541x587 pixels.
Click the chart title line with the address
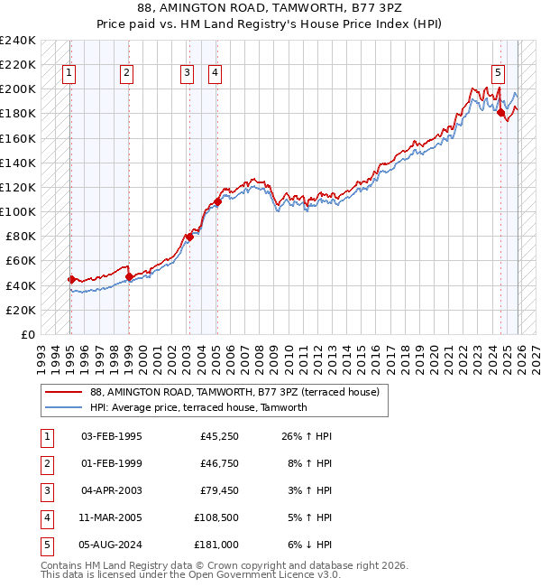point(270,7)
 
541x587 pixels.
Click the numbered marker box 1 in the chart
point(69,74)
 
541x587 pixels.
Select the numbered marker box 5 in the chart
point(498,74)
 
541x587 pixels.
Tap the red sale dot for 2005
point(217,201)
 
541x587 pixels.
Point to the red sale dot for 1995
point(71,279)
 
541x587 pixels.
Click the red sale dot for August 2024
point(501,113)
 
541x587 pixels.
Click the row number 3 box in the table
point(46,491)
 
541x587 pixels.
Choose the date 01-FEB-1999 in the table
point(111,464)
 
